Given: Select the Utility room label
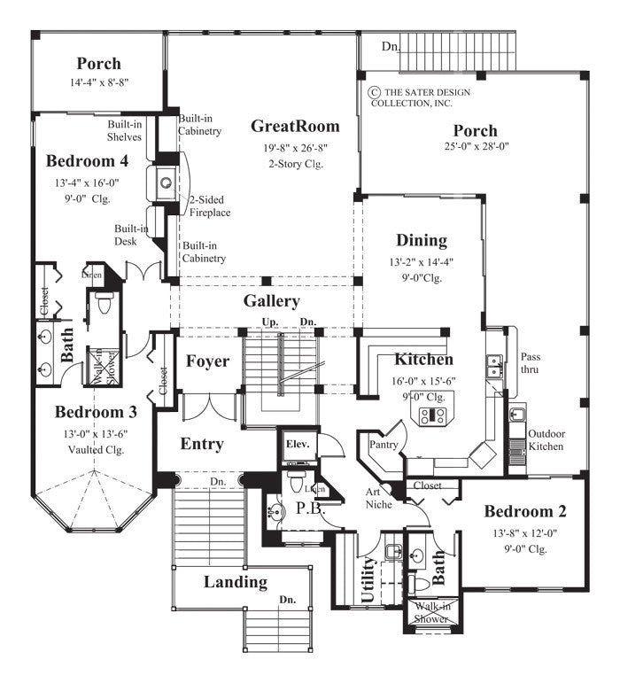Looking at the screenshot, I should [x=368, y=581].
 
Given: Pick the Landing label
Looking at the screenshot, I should [x=236, y=582].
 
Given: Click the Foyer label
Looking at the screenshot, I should [x=208, y=361].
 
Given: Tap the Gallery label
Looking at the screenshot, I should [x=271, y=301].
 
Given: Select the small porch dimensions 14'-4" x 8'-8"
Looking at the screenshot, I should [x=98, y=83].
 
